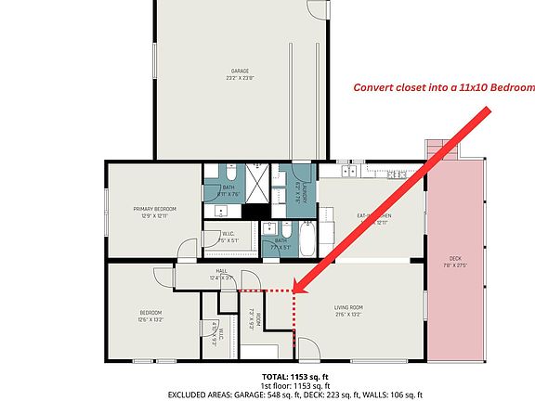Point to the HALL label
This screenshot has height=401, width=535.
click(221, 273)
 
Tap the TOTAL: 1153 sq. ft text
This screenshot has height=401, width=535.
click(295, 376)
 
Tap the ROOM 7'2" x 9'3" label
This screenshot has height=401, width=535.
click(254, 317)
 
